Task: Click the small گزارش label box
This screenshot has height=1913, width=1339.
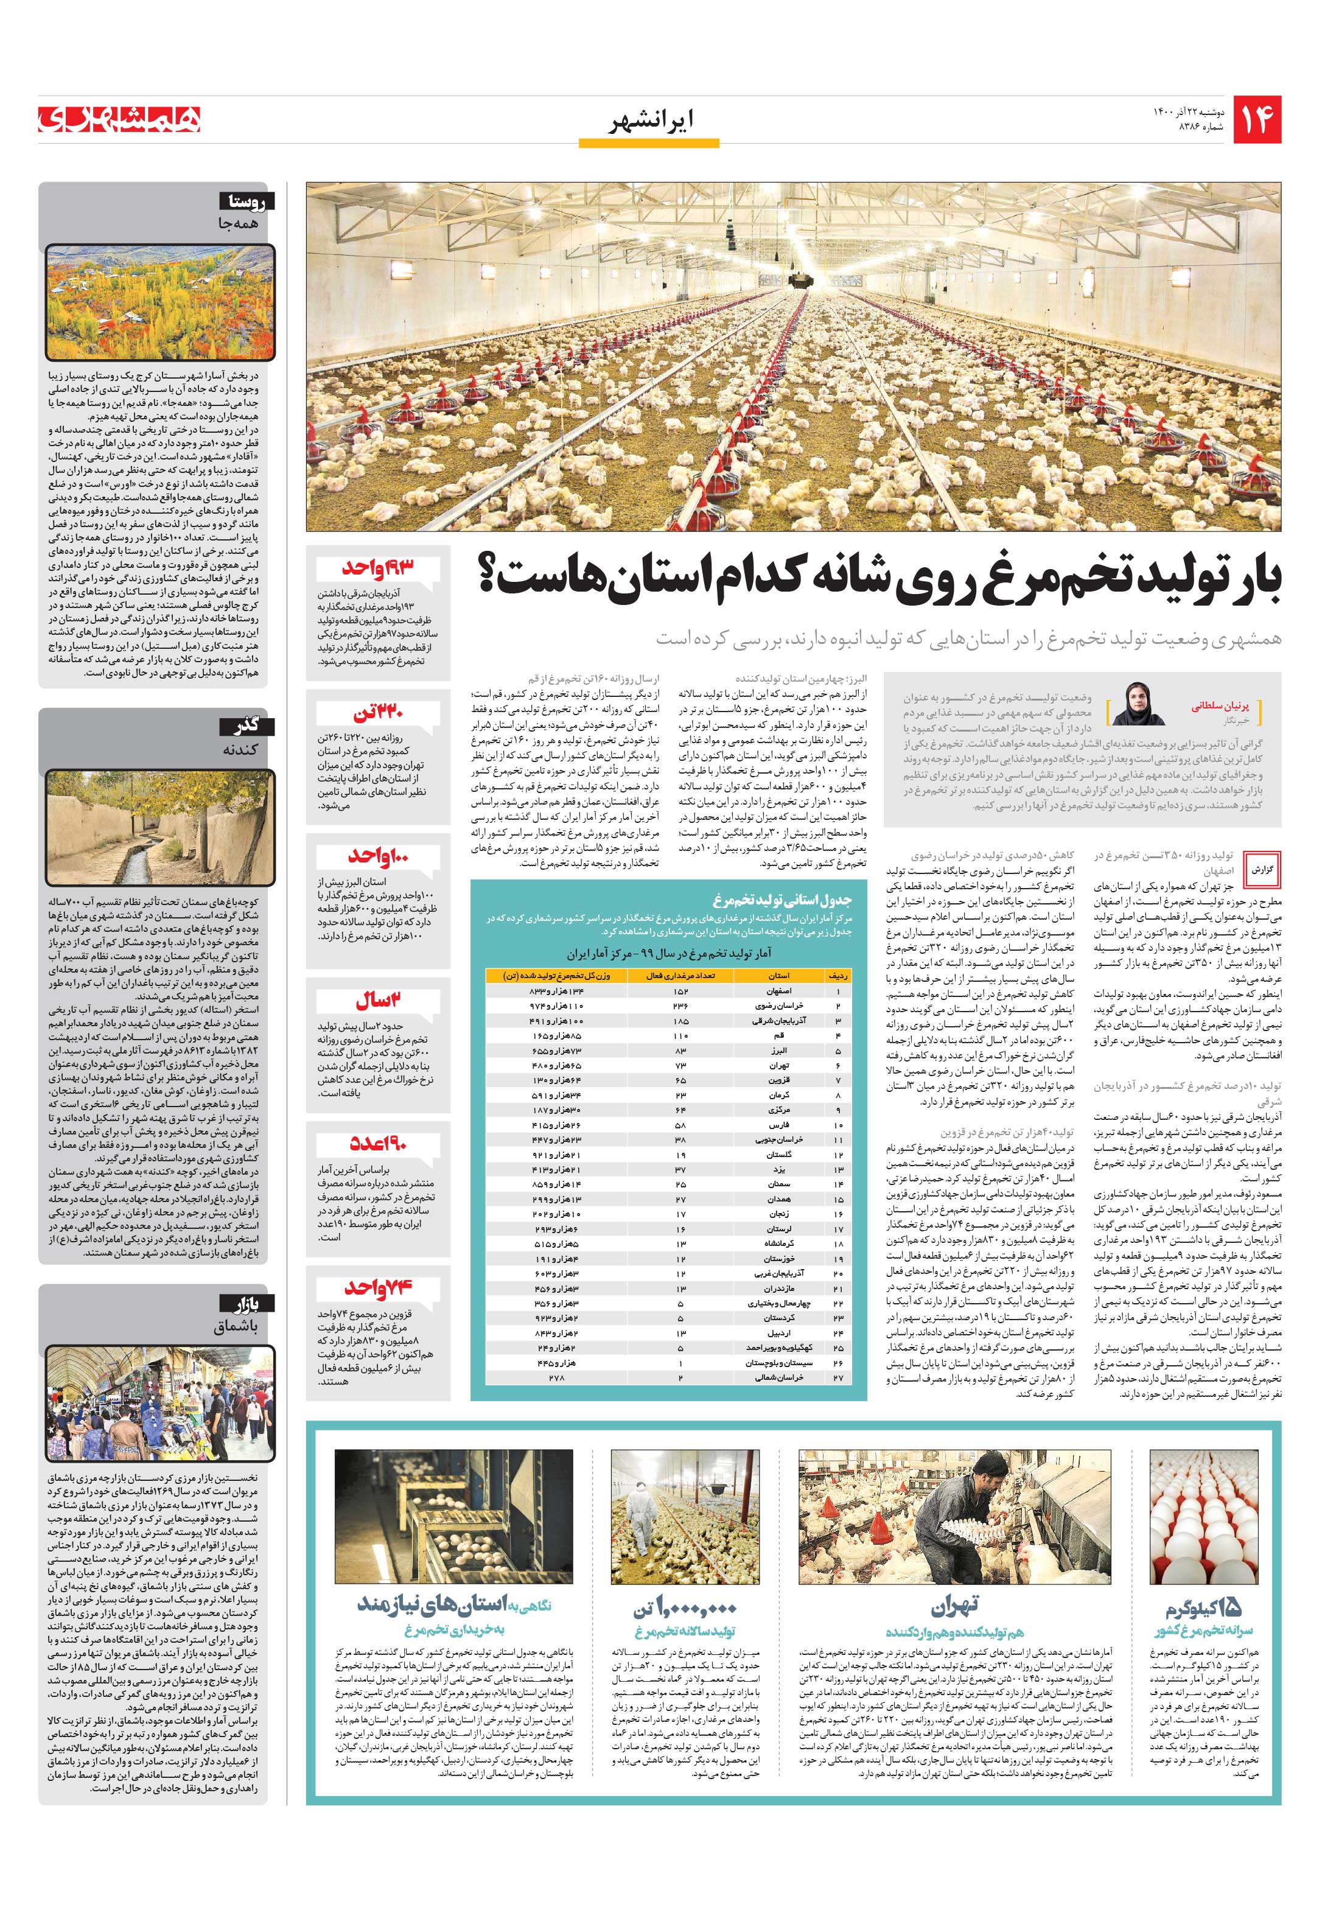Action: click(1260, 870)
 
